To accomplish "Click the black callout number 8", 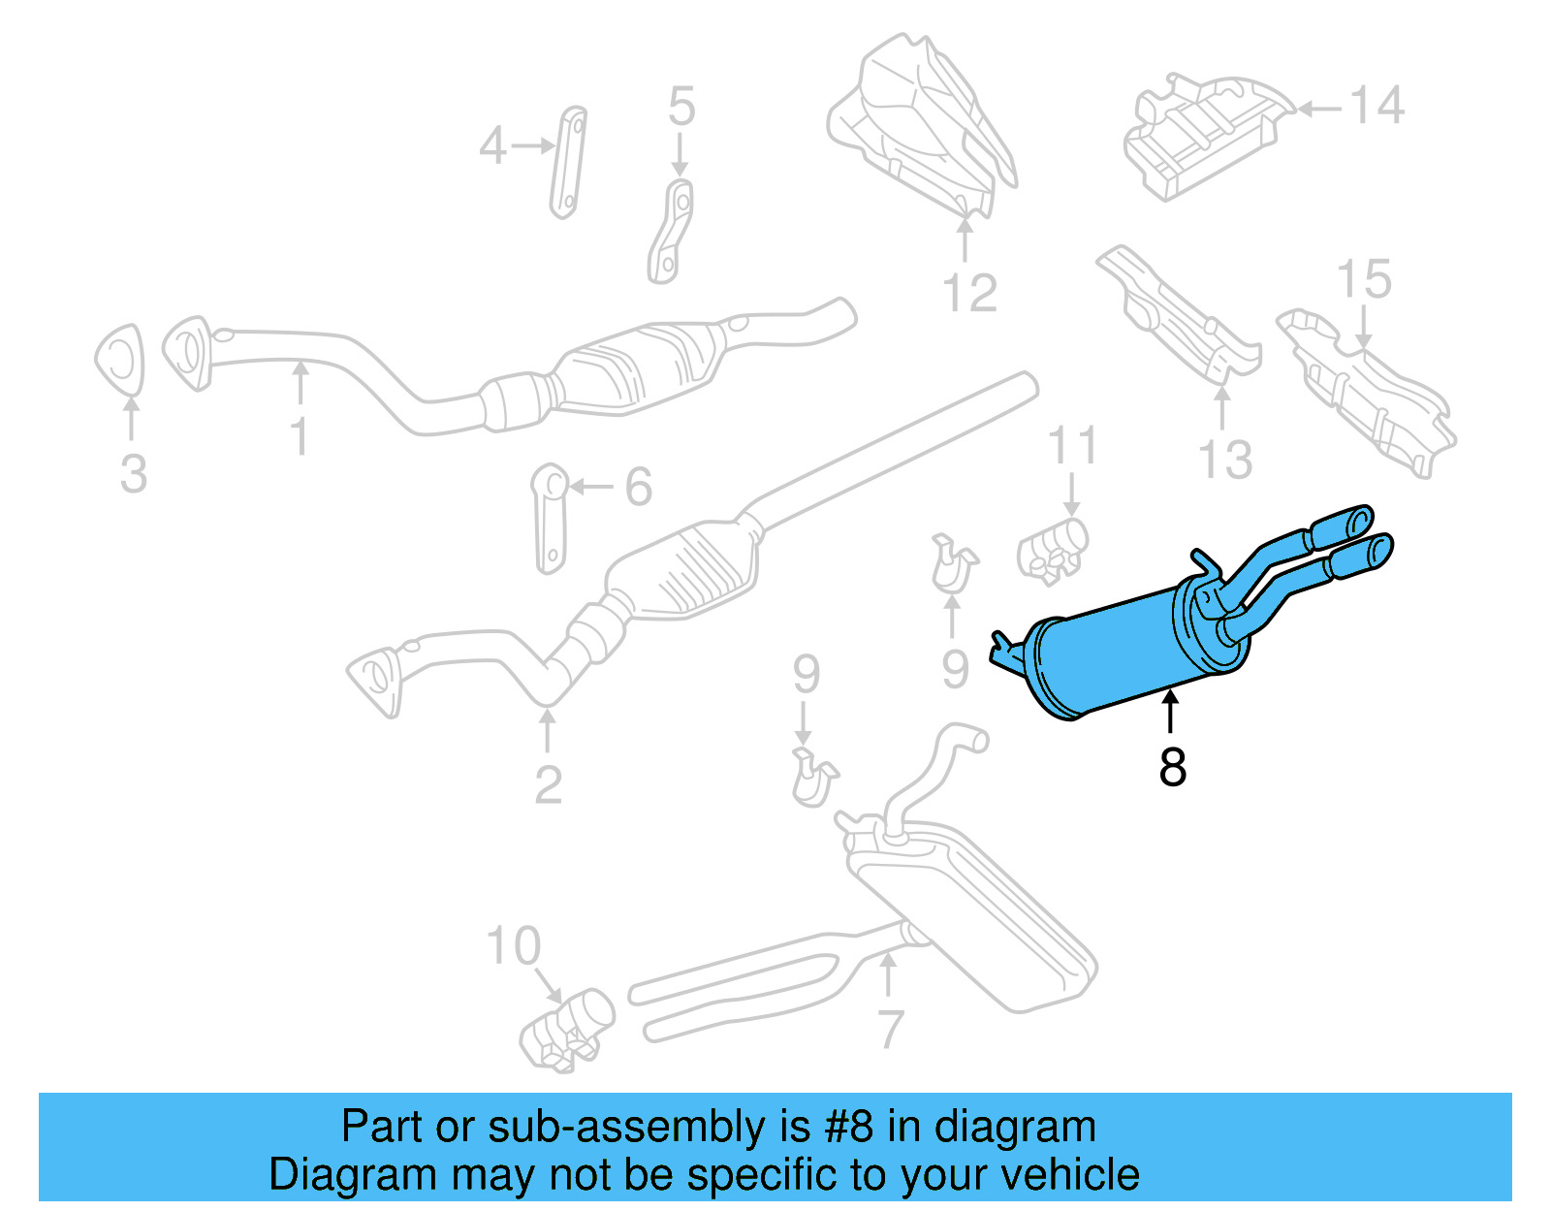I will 1172,767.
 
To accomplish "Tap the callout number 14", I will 1377,106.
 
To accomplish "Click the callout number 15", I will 1364,280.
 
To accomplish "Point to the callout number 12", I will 969,293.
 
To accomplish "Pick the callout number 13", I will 1225,460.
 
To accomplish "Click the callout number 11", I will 1072,446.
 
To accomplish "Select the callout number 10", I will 513,946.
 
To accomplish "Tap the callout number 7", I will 890,1029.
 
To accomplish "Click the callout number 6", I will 638,487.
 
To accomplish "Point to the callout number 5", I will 681,107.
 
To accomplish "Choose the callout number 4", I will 492,147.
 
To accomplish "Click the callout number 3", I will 134,474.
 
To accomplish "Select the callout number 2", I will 548,784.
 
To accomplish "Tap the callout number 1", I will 301,436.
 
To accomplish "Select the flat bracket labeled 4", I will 568,162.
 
